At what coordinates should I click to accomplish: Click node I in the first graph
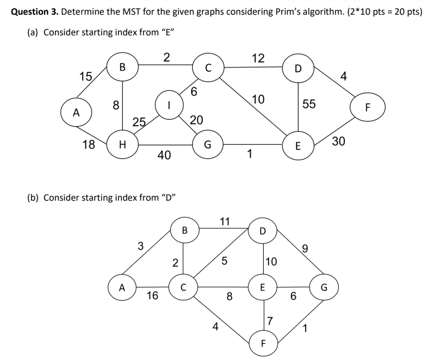(169, 104)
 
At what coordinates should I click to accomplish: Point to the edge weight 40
(164, 156)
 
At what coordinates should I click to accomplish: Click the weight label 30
(338, 141)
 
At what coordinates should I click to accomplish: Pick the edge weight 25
(139, 122)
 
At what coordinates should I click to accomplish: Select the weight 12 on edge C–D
(258, 58)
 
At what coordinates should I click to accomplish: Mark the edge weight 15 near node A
(85, 76)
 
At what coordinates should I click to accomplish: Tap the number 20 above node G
(197, 120)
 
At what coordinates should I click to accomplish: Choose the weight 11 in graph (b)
(225, 221)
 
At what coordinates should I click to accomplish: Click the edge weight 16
(152, 296)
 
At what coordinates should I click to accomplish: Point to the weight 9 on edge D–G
(305, 250)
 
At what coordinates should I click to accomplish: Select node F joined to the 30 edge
(367, 107)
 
